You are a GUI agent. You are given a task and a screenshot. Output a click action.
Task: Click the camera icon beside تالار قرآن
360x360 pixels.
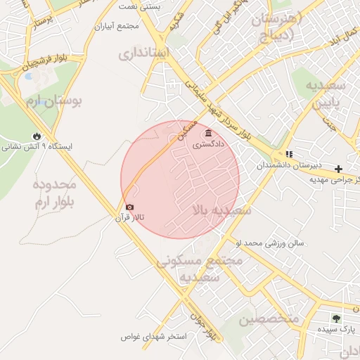[x=129, y=207]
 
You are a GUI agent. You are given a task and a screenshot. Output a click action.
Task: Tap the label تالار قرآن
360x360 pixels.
[x=130, y=218]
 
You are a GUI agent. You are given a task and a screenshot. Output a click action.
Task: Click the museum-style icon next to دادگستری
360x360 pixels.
[x=207, y=134]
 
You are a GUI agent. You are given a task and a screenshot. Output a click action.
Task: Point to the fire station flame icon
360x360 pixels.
[x=37, y=136]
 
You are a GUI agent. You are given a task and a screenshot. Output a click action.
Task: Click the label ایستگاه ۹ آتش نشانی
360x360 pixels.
[x=37, y=147]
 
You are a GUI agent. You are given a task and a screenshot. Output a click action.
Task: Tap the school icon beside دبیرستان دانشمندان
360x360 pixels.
[x=288, y=154]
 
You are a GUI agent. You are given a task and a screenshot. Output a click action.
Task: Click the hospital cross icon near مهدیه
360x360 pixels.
[x=339, y=169]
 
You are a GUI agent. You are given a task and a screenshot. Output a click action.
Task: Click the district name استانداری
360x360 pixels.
[x=143, y=53]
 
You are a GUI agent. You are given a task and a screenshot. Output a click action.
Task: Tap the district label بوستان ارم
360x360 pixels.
[x=54, y=102]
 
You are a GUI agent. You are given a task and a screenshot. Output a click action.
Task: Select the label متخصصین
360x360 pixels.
[x=268, y=319]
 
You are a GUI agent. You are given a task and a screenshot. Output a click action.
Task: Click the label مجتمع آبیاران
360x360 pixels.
[x=119, y=27]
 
